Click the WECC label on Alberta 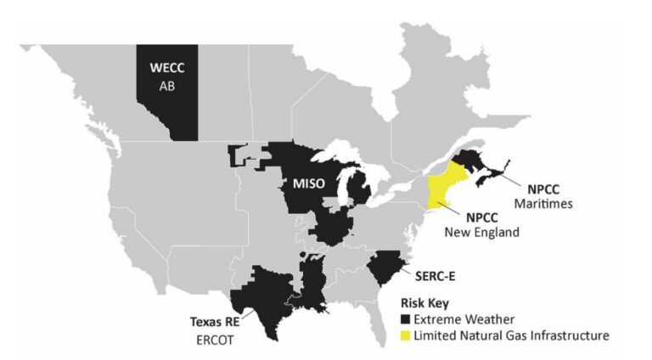166,68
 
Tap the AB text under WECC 166,86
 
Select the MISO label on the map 310,183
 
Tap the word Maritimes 543,204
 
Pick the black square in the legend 406,319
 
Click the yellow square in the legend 406,335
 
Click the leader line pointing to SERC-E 407,271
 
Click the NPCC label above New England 481,217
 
